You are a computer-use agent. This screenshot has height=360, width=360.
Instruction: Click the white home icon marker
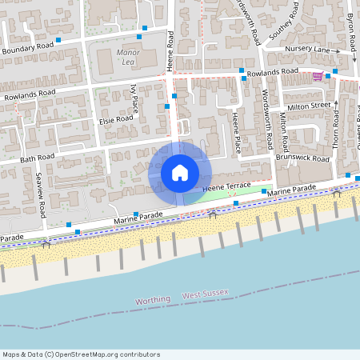tap(179, 172)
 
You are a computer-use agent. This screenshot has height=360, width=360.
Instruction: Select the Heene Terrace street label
tap(227, 186)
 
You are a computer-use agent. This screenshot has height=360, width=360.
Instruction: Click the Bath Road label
tap(37, 157)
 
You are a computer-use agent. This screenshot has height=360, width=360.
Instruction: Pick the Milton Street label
tap(310, 106)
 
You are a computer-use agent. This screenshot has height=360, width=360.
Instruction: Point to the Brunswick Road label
tap(302, 158)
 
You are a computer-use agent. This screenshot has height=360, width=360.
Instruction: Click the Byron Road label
tap(350, 28)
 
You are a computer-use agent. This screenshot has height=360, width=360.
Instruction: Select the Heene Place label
tap(236, 132)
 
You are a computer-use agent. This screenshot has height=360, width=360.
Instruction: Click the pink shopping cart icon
tap(318, 76)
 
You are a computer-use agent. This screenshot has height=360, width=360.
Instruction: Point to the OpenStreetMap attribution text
tap(81, 354)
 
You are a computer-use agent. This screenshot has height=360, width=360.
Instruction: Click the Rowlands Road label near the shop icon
tap(273, 72)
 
